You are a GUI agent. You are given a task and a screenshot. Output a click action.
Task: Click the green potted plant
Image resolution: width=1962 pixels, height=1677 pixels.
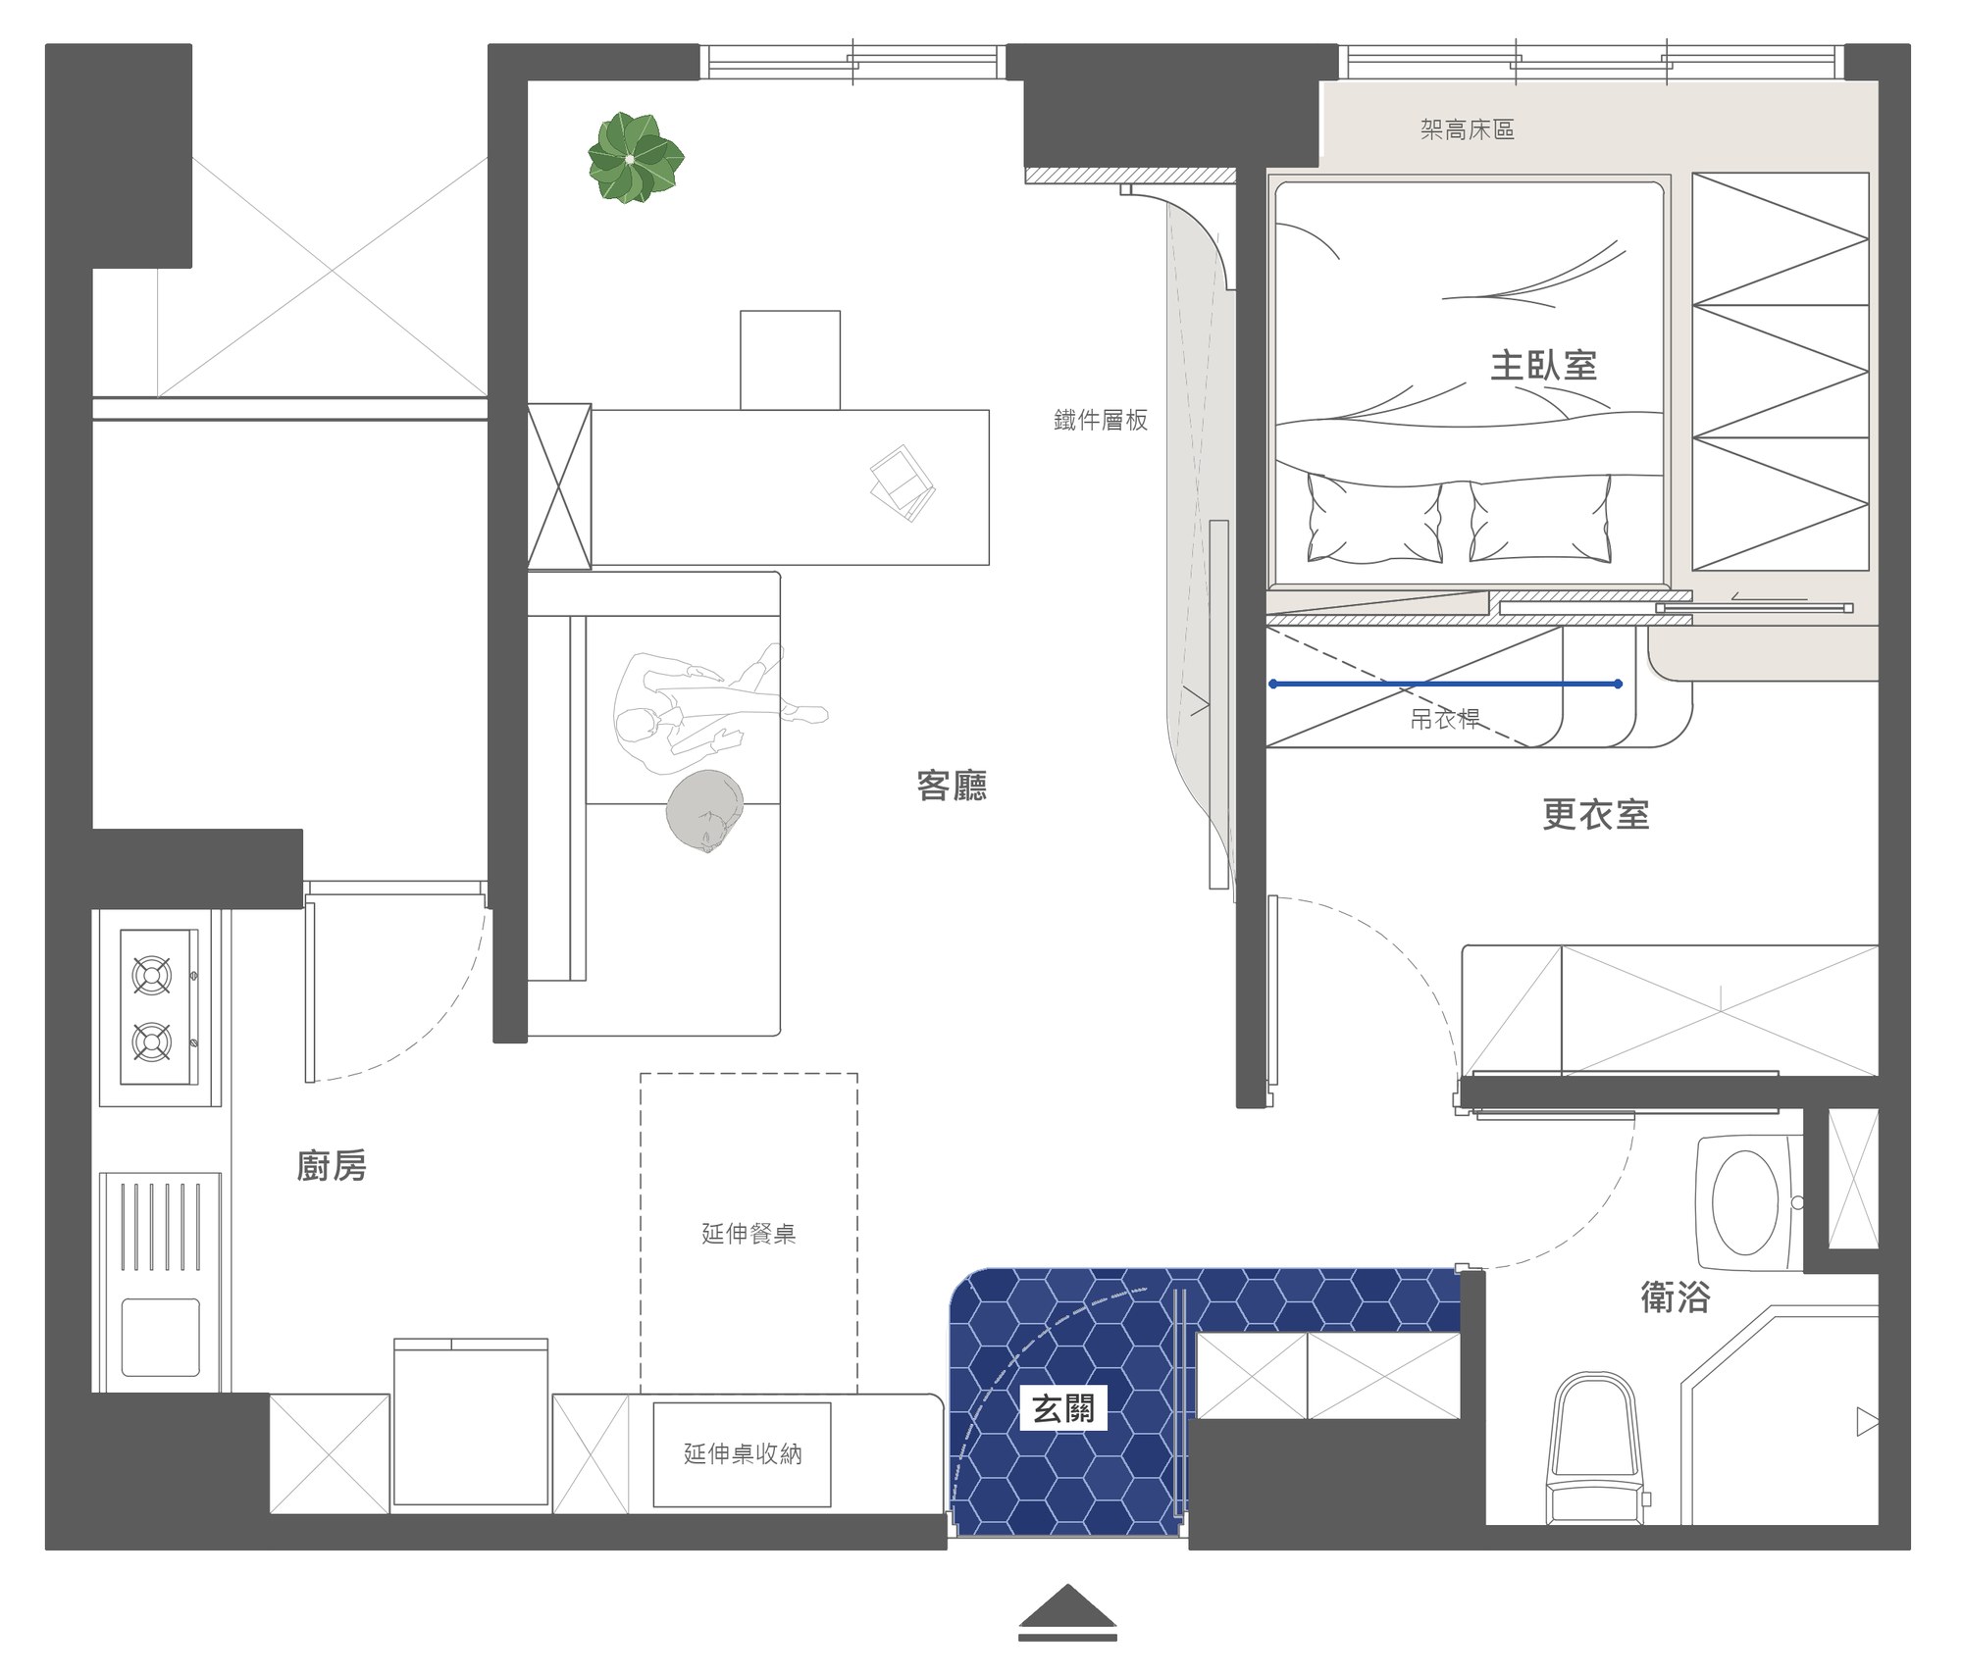click(x=635, y=159)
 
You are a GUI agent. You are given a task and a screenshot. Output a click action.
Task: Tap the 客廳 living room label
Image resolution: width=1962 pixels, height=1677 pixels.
click(x=952, y=786)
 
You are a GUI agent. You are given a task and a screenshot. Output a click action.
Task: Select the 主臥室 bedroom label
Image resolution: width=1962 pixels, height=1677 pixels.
click(x=1544, y=366)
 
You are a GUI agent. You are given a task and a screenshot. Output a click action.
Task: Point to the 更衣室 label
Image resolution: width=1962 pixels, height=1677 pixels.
click(x=1596, y=814)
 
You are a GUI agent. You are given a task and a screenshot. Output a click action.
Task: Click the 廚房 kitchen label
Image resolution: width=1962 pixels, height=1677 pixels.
click(x=332, y=1166)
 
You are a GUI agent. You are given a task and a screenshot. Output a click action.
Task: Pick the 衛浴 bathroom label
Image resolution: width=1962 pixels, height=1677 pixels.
click(x=1676, y=1297)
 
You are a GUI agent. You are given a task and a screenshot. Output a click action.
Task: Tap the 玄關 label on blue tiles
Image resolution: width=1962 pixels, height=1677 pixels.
click(x=1063, y=1409)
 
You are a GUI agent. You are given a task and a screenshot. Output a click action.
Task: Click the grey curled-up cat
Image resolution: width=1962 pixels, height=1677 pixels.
click(x=705, y=810)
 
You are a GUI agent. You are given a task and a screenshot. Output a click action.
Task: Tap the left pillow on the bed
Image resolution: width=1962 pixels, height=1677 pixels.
click(x=1373, y=519)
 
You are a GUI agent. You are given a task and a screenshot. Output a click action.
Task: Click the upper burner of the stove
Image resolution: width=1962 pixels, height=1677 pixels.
click(x=152, y=976)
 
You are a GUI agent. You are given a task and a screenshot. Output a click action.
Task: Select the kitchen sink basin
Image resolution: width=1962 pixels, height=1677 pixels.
click(x=161, y=1338)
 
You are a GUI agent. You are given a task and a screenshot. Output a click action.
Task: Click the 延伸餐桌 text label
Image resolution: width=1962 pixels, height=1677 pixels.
click(x=749, y=1234)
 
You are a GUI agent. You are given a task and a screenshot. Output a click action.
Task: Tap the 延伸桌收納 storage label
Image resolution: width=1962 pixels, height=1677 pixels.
click(x=743, y=1453)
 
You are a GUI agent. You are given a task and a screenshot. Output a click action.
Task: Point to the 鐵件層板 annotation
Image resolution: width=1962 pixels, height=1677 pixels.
click(x=1101, y=421)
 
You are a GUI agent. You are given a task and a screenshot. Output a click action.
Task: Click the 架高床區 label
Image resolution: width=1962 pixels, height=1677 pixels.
click(x=1468, y=129)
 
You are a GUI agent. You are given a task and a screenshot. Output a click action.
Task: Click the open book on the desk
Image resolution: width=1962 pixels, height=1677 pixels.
click(x=903, y=483)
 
